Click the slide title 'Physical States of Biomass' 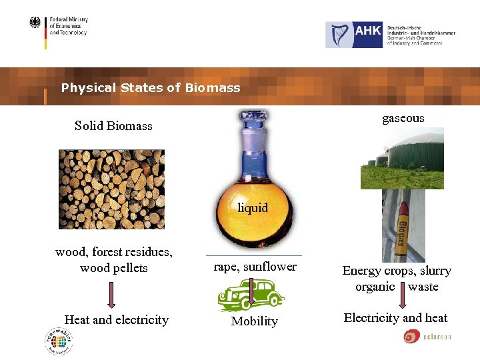[x=150, y=88]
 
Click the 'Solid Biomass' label [x=113, y=125]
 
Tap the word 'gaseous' [x=403, y=118]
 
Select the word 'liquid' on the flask [x=253, y=207]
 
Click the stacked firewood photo [x=111, y=189]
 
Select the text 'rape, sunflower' [x=255, y=267]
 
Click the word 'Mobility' [x=254, y=321]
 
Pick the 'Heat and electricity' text [x=117, y=320]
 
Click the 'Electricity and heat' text [x=395, y=318]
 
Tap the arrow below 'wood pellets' [x=111, y=294]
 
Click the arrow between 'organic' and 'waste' [x=401, y=294]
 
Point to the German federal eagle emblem [x=35, y=23]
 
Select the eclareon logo [x=427, y=337]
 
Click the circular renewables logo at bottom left [x=59, y=341]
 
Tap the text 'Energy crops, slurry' [x=397, y=271]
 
